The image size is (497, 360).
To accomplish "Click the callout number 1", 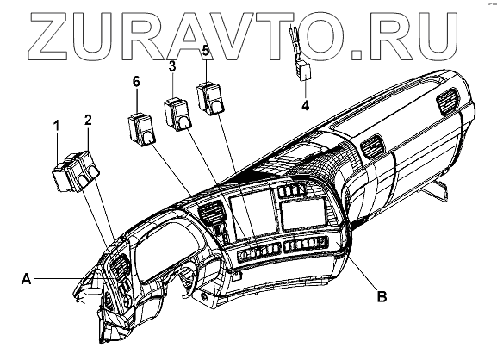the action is pyautogui.click(x=57, y=126).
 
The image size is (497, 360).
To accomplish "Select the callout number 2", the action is pyautogui.click(x=88, y=120).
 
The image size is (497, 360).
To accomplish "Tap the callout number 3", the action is pyautogui.click(x=171, y=67).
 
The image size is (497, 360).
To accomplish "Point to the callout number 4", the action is pyautogui.click(x=305, y=105).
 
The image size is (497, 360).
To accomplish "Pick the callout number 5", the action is pyautogui.click(x=206, y=51).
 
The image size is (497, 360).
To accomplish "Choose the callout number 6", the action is pyautogui.click(x=136, y=82).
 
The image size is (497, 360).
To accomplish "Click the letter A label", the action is pyautogui.click(x=27, y=279).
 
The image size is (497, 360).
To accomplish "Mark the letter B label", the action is pyautogui.click(x=382, y=296).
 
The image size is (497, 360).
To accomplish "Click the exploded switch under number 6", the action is pyautogui.click(x=141, y=129).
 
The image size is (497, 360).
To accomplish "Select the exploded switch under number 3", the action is pyautogui.click(x=177, y=115).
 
